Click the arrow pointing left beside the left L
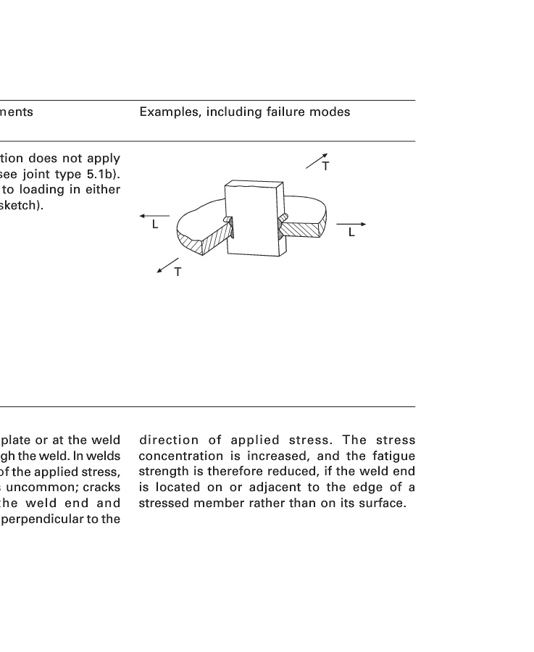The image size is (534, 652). tap(154, 216)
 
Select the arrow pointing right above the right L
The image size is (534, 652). tap(351, 225)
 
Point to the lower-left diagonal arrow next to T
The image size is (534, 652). tap(167, 264)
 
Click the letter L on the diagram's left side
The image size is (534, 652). tap(154, 225)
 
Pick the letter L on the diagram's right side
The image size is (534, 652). tap(351, 233)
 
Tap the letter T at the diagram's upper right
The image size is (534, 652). tap(326, 167)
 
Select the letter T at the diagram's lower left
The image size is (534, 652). tap(178, 272)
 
